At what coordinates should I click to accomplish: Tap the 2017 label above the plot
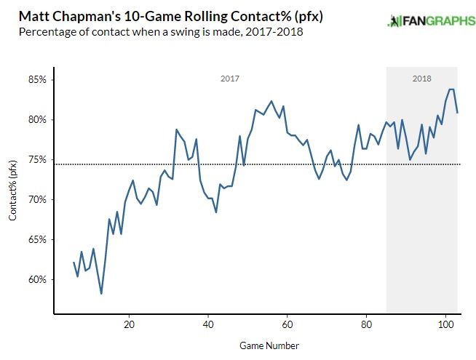click(229, 78)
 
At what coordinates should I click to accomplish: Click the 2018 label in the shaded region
click(421, 78)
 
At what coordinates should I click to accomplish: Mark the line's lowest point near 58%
click(101, 293)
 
